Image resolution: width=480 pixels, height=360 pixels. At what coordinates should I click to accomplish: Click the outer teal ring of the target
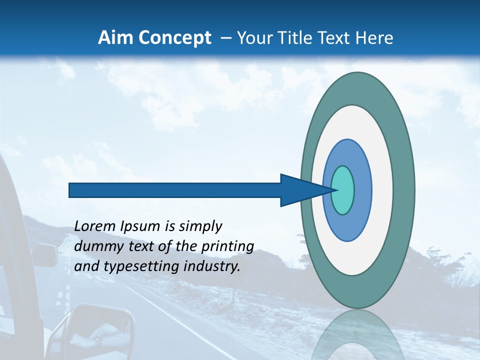coord(404,190)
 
